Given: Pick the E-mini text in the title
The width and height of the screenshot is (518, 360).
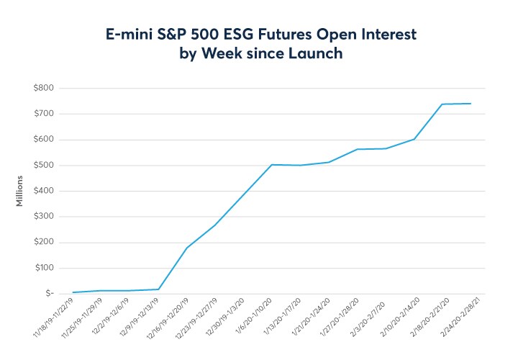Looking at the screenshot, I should pyautogui.click(x=123, y=35).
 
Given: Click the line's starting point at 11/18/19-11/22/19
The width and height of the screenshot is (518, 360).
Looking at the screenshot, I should pyautogui.click(x=73, y=292).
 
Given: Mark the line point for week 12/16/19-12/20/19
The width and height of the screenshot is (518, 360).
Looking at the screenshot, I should pyautogui.click(x=186, y=248).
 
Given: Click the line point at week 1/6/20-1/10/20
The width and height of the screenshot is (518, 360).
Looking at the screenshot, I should pyautogui.click(x=271, y=164).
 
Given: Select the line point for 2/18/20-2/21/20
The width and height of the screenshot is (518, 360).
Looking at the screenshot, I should pyautogui.click(x=442, y=104).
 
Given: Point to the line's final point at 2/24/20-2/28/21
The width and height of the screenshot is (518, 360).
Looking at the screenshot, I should pyautogui.click(x=471, y=103).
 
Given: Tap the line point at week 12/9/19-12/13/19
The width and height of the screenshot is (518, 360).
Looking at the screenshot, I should pyautogui.click(x=158, y=289).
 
